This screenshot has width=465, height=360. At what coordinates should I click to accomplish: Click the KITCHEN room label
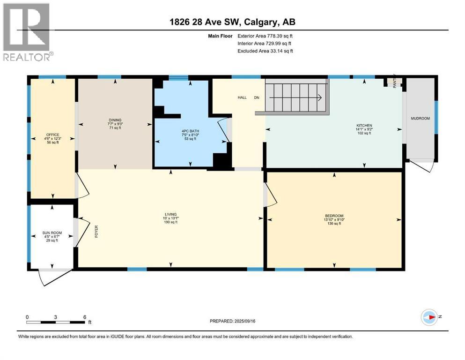pos(364,126)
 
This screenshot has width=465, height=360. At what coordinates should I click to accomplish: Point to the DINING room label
pos(115,120)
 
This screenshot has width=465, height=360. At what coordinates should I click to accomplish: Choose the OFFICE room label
pos(52,135)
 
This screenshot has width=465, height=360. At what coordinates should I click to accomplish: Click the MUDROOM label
pos(420,119)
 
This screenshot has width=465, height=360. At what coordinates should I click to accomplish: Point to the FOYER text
pos(96,232)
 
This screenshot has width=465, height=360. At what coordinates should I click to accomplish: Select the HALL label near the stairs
pos(242,97)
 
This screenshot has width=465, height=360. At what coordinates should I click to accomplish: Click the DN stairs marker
pos(256,97)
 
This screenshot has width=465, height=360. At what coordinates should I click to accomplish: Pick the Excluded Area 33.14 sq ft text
pos(266,51)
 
